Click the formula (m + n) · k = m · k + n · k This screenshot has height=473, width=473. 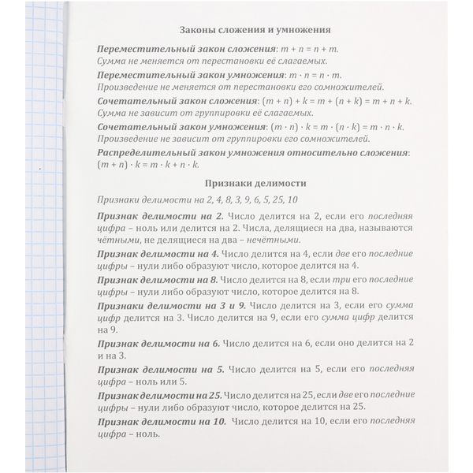[x=147, y=166]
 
